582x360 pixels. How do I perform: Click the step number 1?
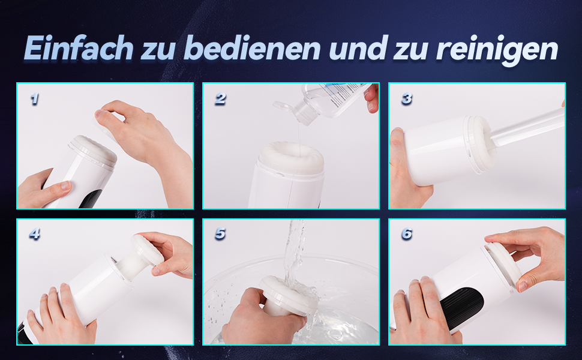[x=34, y=99]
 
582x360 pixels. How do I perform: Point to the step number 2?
[x=220, y=99]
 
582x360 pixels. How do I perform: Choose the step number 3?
[x=407, y=99]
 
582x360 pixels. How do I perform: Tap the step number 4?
[x=34, y=234]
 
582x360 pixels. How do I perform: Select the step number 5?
[x=220, y=234]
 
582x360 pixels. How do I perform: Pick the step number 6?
[x=407, y=234]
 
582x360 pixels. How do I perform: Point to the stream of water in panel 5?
[x=294, y=252]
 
